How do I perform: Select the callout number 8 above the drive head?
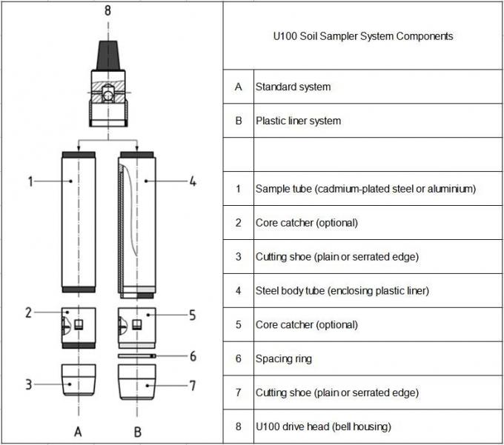click(x=108, y=10)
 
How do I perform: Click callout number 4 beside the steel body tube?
click(x=192, y=181)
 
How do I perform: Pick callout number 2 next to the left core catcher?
click(x=28, y=312)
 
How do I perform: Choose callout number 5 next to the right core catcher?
click(x=192, y=315)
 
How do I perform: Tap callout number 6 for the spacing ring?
click(x=193, y=356)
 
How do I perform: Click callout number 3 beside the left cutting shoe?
click(x=28, y=384)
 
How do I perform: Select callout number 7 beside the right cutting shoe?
click(x=193, y=386)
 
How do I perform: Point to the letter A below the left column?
click(x=77, y=430)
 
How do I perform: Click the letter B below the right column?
click(x=136, y=430)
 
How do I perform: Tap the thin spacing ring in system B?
click(x=137, y=355)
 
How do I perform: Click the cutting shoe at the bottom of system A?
click(x=78, y=378)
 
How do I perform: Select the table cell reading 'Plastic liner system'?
click(x=298, y=121)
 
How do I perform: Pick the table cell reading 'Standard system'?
click(x=293, y=87)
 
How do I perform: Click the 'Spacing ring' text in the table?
click(x=283, y=359)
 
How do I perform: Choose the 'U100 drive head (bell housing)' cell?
click(x=323, y=426)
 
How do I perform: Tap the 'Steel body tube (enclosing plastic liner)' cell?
click(x=342, y=291)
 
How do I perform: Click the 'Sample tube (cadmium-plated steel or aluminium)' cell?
click(x=365, y=189)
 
